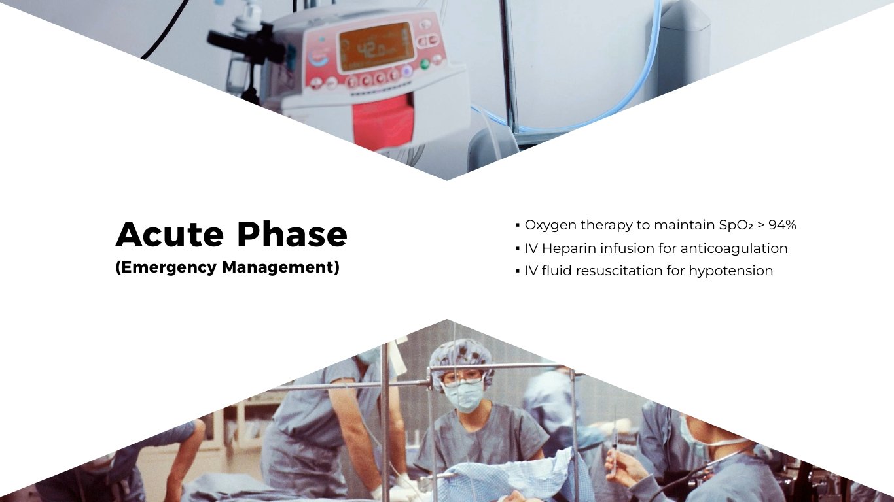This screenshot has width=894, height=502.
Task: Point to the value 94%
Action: (x=782, y=225)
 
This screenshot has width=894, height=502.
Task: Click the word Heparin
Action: (x=569, y=248)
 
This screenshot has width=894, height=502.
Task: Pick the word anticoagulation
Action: (x=734, y=248)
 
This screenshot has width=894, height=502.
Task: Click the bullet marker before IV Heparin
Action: (x=517, y=249)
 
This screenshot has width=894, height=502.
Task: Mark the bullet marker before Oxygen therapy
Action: (x=517, y=226)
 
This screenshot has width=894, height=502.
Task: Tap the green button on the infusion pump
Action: (x=424, y=64)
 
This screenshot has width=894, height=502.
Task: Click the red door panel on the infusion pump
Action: (x=383, y=121)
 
